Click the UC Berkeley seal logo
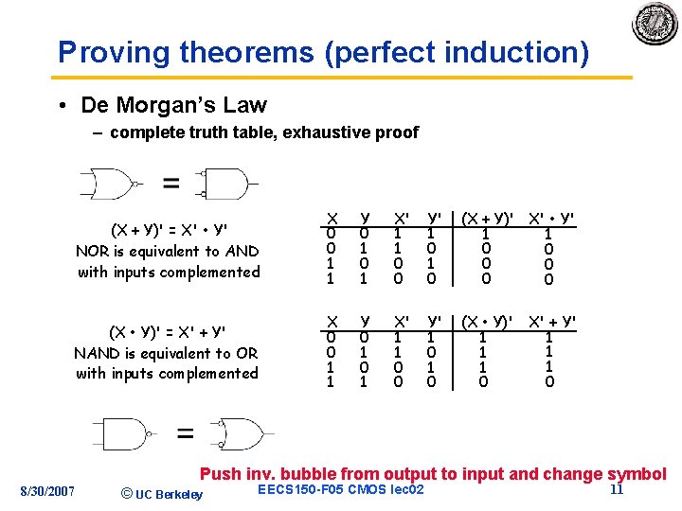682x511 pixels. point(655,24)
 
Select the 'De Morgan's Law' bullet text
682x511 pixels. point(174,105)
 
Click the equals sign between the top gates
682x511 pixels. point(170,183)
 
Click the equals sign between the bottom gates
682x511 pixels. point(185,435)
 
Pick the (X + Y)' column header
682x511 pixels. point(486,217)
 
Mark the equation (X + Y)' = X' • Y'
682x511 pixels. point(168,230)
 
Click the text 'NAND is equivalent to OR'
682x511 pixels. point(167,353)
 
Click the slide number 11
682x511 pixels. point(616,489)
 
